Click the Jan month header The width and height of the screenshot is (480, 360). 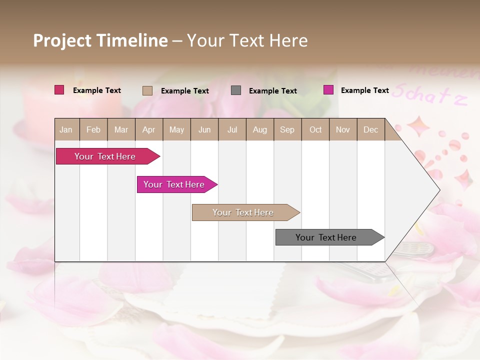66,129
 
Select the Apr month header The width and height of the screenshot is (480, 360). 149,129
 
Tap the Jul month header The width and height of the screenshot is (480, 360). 232,129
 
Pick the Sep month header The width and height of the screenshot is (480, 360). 287,129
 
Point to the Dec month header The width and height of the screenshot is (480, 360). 370,129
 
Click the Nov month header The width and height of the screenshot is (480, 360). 342,129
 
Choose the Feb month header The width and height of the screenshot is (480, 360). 93,129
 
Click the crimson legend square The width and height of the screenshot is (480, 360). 59,90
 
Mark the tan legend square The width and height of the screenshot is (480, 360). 147,90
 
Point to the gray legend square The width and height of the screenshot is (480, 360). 236,90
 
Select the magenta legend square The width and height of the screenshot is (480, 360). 328,90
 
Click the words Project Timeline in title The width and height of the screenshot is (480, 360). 100,40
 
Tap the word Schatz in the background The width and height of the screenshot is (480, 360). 429,95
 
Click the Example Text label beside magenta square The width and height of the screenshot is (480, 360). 364,90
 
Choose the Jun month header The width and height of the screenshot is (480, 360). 204,129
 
